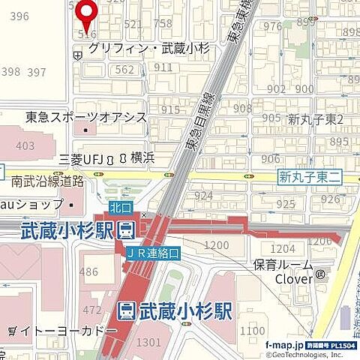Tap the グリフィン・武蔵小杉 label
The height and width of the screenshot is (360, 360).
[147, 47]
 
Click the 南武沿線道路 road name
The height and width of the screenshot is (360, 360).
[47, 181]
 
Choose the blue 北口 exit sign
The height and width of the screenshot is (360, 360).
[118, 205]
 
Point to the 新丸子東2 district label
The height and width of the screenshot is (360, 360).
[315, 120]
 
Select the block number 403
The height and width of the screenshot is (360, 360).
[25, 146]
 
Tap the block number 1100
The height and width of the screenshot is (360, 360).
[253, 331]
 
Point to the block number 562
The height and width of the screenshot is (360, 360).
[126, 70]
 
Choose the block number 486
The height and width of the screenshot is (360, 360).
[90, 271]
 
